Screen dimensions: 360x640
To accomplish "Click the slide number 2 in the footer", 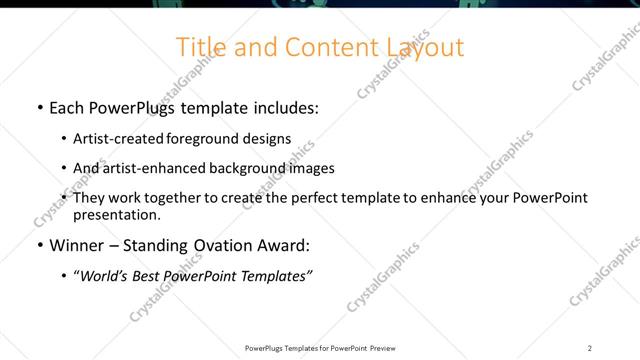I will pyautogui.click(x=589, y=348).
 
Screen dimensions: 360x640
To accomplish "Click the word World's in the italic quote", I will pyautogui.click(x=106, y=275).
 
